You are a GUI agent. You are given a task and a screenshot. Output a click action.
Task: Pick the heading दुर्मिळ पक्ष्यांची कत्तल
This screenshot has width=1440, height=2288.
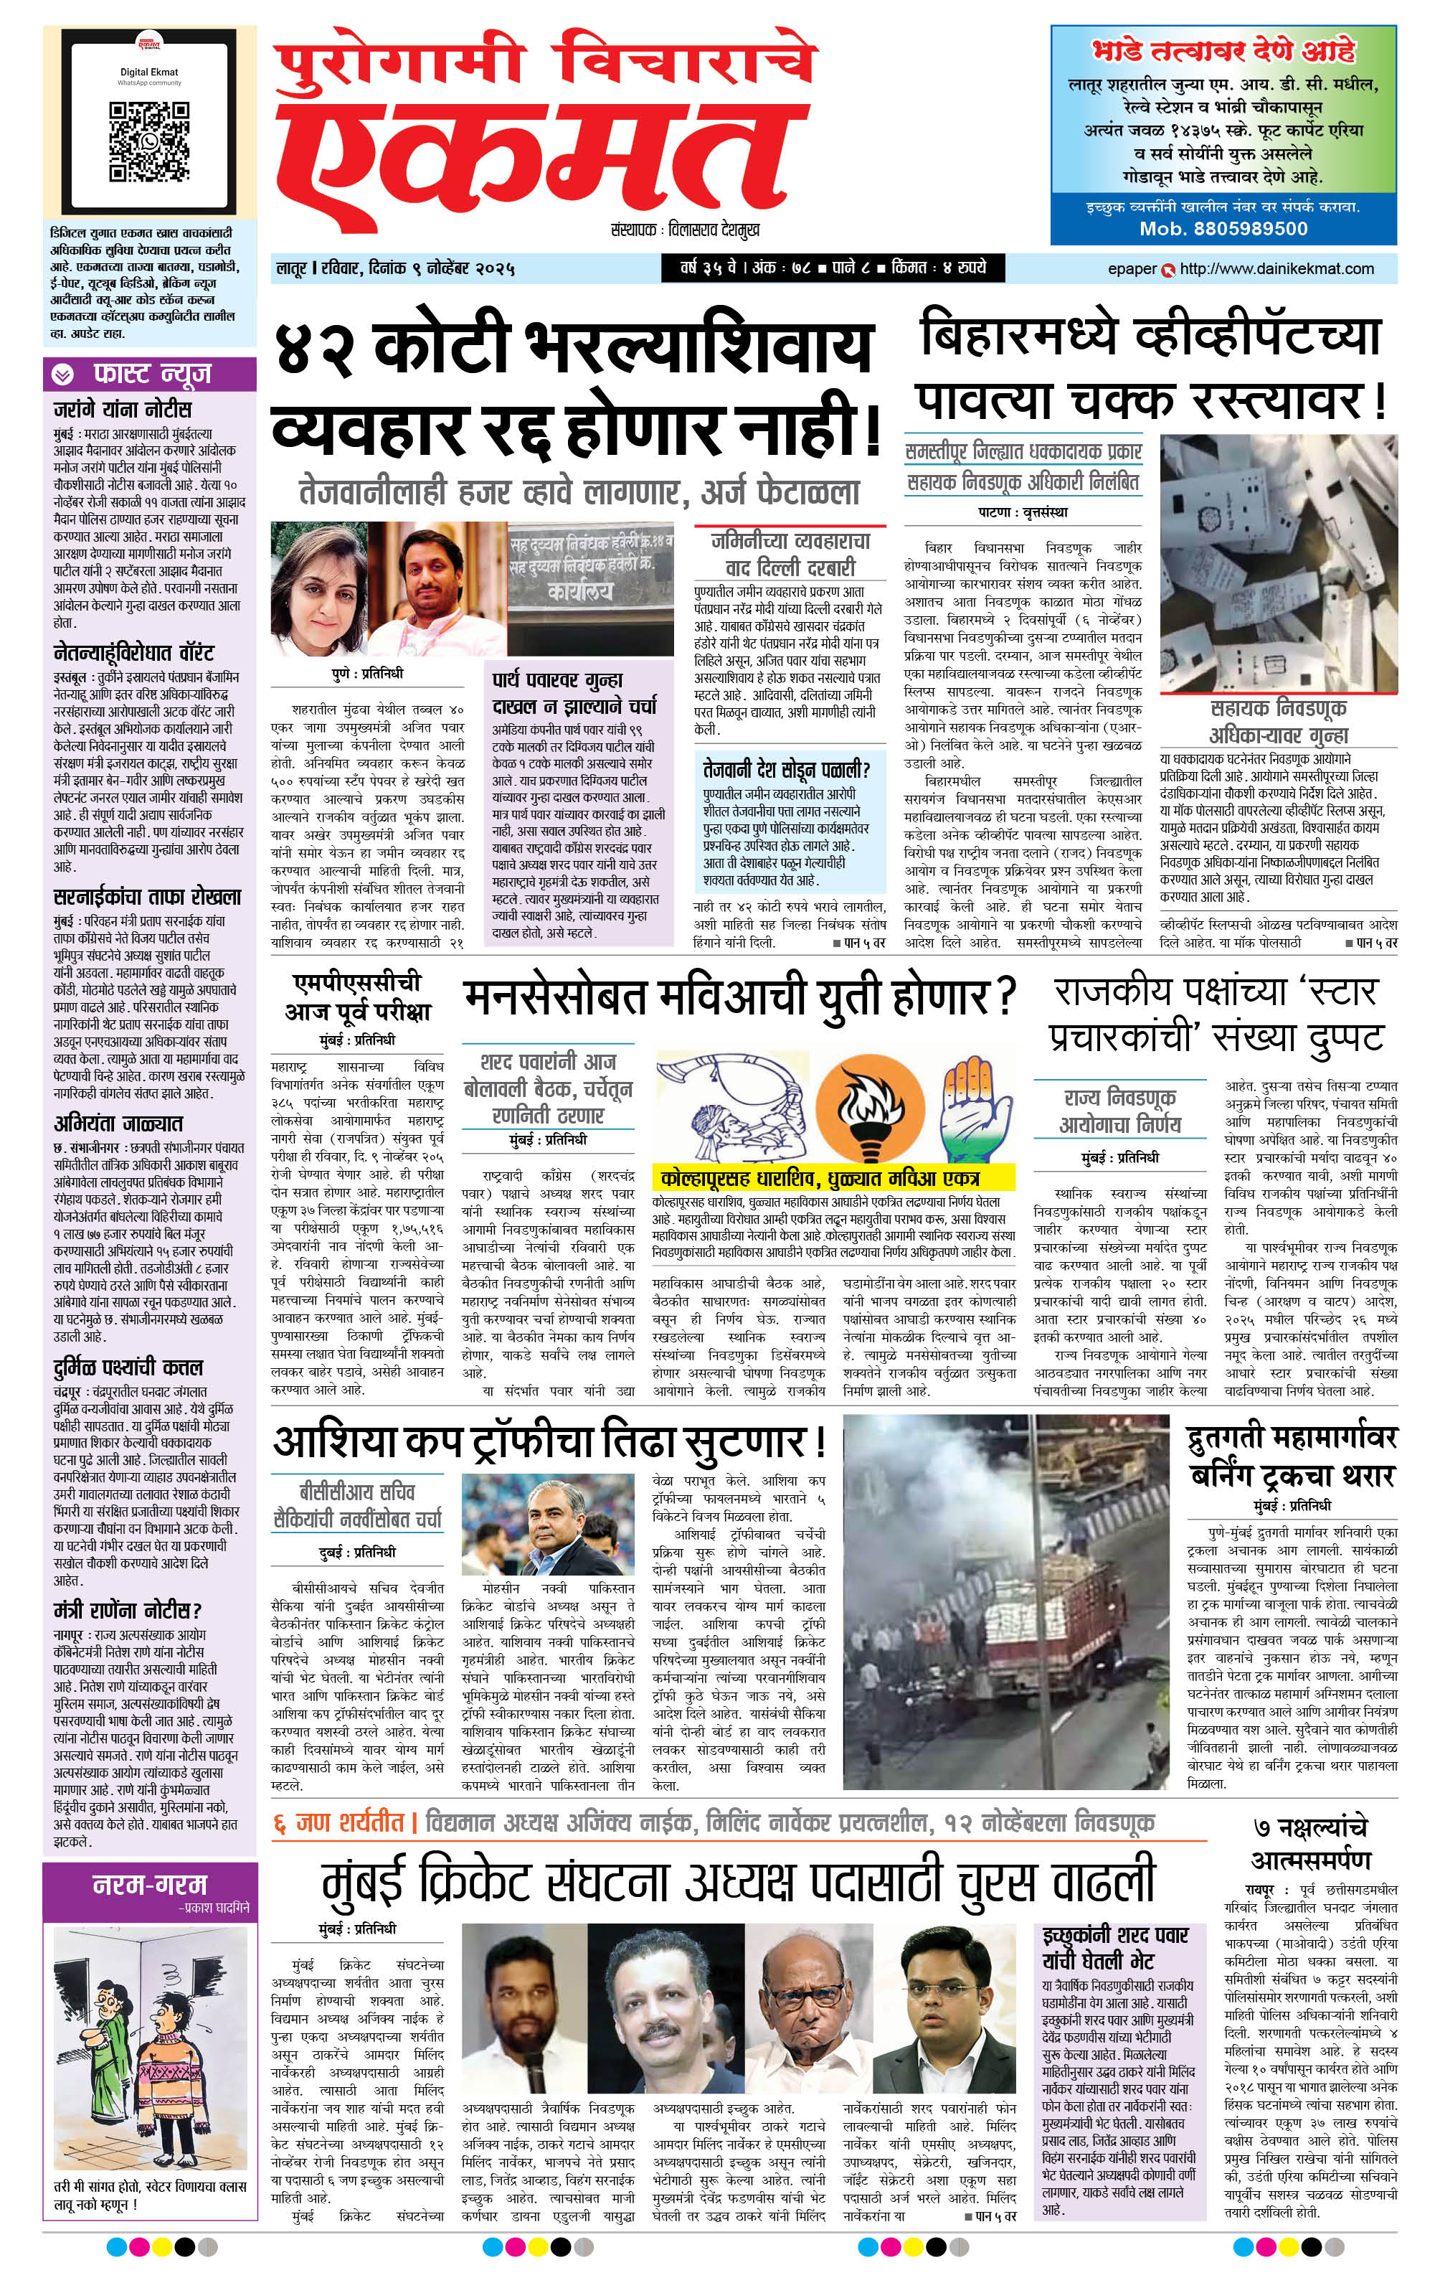click(128, 1367)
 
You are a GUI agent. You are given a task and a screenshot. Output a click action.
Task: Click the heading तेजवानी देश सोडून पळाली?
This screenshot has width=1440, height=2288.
click(787, 768)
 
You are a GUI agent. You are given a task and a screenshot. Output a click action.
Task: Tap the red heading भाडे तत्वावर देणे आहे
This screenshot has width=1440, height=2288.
click(1223, 50)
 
